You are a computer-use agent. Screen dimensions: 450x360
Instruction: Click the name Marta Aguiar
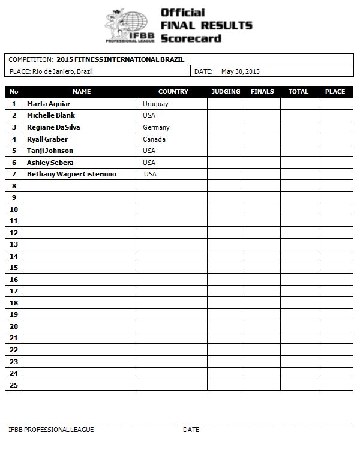click(49, 104)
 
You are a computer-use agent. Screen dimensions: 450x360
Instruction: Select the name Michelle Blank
click(51, 115)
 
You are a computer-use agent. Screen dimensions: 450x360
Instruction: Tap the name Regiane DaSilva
click(53, 127)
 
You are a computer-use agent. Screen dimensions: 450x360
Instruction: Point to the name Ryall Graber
click(47, 139)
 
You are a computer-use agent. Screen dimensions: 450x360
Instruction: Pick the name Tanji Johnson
click(50, 151)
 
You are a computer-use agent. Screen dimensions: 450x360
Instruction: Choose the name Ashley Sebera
click(50, 163)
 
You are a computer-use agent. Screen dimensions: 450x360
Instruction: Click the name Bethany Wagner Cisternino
click(71, 174)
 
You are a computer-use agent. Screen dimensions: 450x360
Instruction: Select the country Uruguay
click(155, 104)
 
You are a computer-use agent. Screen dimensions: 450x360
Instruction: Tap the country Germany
click(156, 127)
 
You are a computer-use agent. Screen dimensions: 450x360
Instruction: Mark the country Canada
click(154, 139)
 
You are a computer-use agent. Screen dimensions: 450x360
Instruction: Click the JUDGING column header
click(226, 92)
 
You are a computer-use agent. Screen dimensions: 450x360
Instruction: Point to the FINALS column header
click(262, 92)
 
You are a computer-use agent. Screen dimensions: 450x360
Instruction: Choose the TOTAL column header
click(298, 92)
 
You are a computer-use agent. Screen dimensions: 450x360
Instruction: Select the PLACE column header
click(335, 92)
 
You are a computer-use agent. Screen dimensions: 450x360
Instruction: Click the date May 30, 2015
click(240, 71)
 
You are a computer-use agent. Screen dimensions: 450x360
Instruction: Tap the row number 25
click(14, 385)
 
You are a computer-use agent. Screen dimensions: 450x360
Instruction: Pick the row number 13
click(14, 244)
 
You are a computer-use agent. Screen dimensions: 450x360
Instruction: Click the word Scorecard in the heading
click(191, 38)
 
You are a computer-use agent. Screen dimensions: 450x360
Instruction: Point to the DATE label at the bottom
click(191, 430)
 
